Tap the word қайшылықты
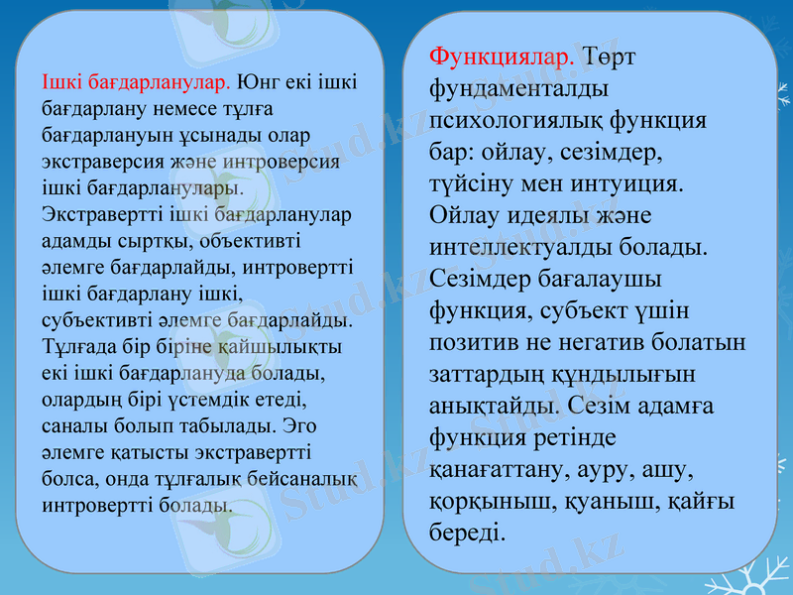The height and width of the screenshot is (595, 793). pyautogui.click(x=287, y=348)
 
